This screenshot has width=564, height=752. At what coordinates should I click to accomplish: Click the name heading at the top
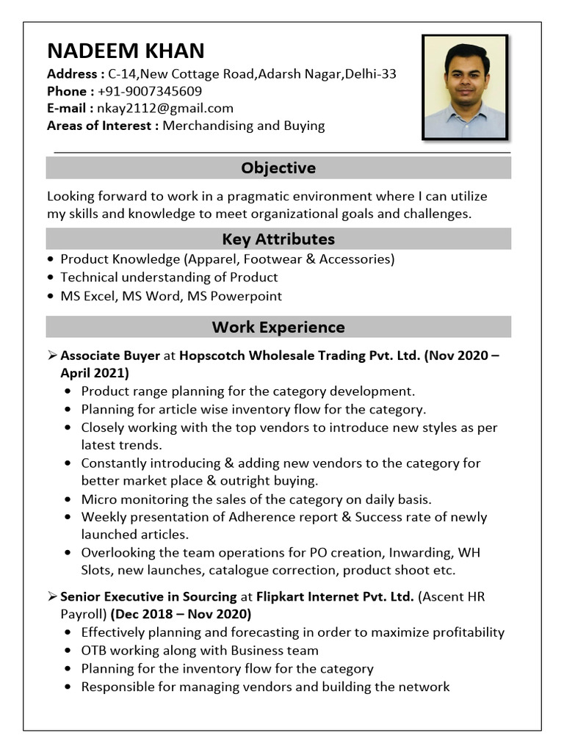(x=126, y=51)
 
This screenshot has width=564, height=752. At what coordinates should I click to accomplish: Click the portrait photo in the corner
(x=465, y=87)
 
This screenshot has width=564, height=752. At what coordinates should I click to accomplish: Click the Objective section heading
(x=278, y=168)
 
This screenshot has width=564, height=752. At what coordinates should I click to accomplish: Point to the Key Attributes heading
(x=278, y=239)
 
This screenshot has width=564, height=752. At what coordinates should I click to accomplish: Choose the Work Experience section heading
(x=278, y=327)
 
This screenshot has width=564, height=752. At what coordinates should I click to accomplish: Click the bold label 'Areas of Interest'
(x=102, y=126)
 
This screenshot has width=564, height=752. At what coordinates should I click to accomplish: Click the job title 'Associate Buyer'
(x=110, y=355)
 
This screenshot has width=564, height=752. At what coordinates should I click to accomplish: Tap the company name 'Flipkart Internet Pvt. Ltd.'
(x=335, y=597)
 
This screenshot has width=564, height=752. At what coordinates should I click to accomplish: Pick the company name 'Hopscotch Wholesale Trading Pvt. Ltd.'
(x=300, y=355)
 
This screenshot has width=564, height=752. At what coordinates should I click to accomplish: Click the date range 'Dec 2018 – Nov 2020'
(x=181, y=614)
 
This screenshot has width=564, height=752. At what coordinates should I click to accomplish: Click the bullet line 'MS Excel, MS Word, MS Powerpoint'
(x=171, y=296)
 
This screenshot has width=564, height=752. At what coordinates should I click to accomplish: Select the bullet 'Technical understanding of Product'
(x=169, y=278)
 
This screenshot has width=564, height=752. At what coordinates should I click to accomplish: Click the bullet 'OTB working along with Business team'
(x=200, y=650)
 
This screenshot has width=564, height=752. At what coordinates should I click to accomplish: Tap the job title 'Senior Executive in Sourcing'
(x=148, y=597)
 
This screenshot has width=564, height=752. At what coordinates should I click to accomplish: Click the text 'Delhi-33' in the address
(x=371, y=73)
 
